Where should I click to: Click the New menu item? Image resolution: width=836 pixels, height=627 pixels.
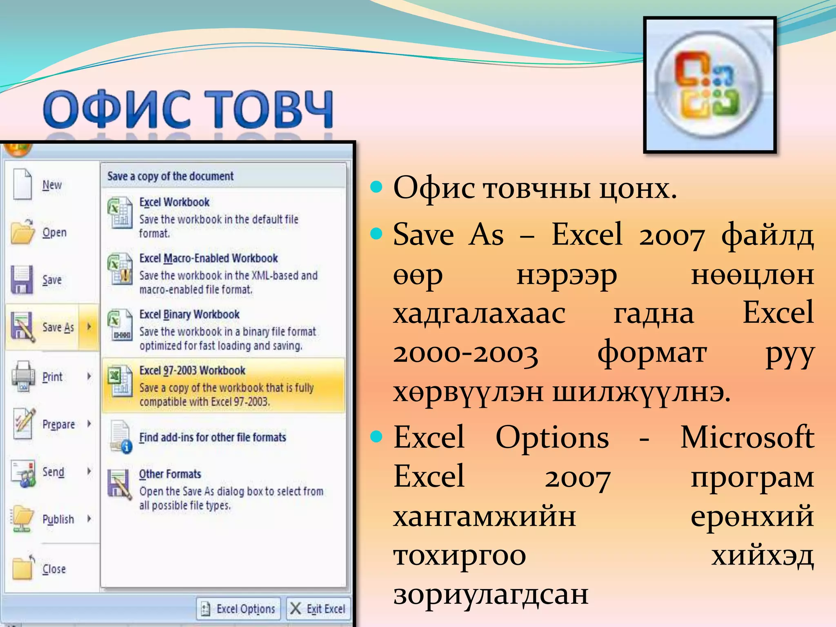(x=52, y=185)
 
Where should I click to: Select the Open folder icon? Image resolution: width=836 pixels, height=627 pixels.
(x=23, y=232)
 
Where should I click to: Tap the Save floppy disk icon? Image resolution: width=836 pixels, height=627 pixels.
(x=22, y=280)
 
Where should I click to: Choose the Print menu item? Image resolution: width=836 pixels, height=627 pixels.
(x=52, y=377)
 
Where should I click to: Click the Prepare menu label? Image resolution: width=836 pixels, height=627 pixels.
(x=58, y=425)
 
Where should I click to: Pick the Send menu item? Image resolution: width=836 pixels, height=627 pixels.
(x=53, y=472)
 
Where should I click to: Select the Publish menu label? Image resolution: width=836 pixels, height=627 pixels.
(x=58, y=519)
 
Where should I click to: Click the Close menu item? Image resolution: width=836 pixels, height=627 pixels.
(x=54, y=569)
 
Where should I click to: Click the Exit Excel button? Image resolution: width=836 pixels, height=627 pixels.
(x=318, y=609)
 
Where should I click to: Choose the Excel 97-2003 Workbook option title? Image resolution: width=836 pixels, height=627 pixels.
(x=192, y=371)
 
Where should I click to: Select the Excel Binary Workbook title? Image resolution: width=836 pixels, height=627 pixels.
(x=189, y=314)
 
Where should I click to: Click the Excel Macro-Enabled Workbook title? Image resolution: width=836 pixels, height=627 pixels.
(x=209, y=258)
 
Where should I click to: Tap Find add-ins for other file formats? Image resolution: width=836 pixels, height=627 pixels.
(x=213, y=438)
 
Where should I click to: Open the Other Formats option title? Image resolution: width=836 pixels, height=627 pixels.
(x=170, y=474)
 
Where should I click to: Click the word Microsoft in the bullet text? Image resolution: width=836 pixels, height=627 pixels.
(x=747, y=437)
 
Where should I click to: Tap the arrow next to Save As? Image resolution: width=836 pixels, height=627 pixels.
(x=89, y=327)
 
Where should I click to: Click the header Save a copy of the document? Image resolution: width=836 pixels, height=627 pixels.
(x=170, y=176)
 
